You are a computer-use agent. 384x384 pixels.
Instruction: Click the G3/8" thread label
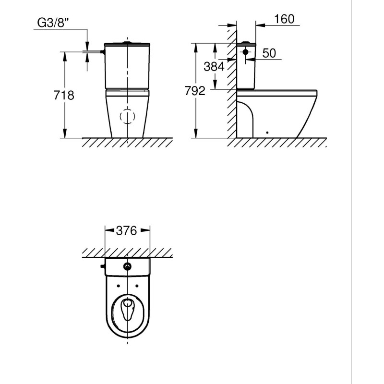click(x=53, y=23)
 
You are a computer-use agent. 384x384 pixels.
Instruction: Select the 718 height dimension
click(x=64, y=95)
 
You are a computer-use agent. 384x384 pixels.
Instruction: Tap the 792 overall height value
click(x=195, y=91)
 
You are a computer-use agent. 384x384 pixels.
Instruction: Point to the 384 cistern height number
click(x=214, y=67)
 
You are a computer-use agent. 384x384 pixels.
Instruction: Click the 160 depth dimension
click(x=284, y=19)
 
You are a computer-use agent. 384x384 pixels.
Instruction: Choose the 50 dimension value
click(x=269, y=53)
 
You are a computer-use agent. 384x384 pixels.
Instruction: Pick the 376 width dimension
click(x=126, y=231)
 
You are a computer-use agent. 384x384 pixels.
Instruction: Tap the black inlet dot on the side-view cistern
click(x=245, y=52)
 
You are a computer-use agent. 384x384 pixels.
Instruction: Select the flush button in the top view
click(x=127, y=266)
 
